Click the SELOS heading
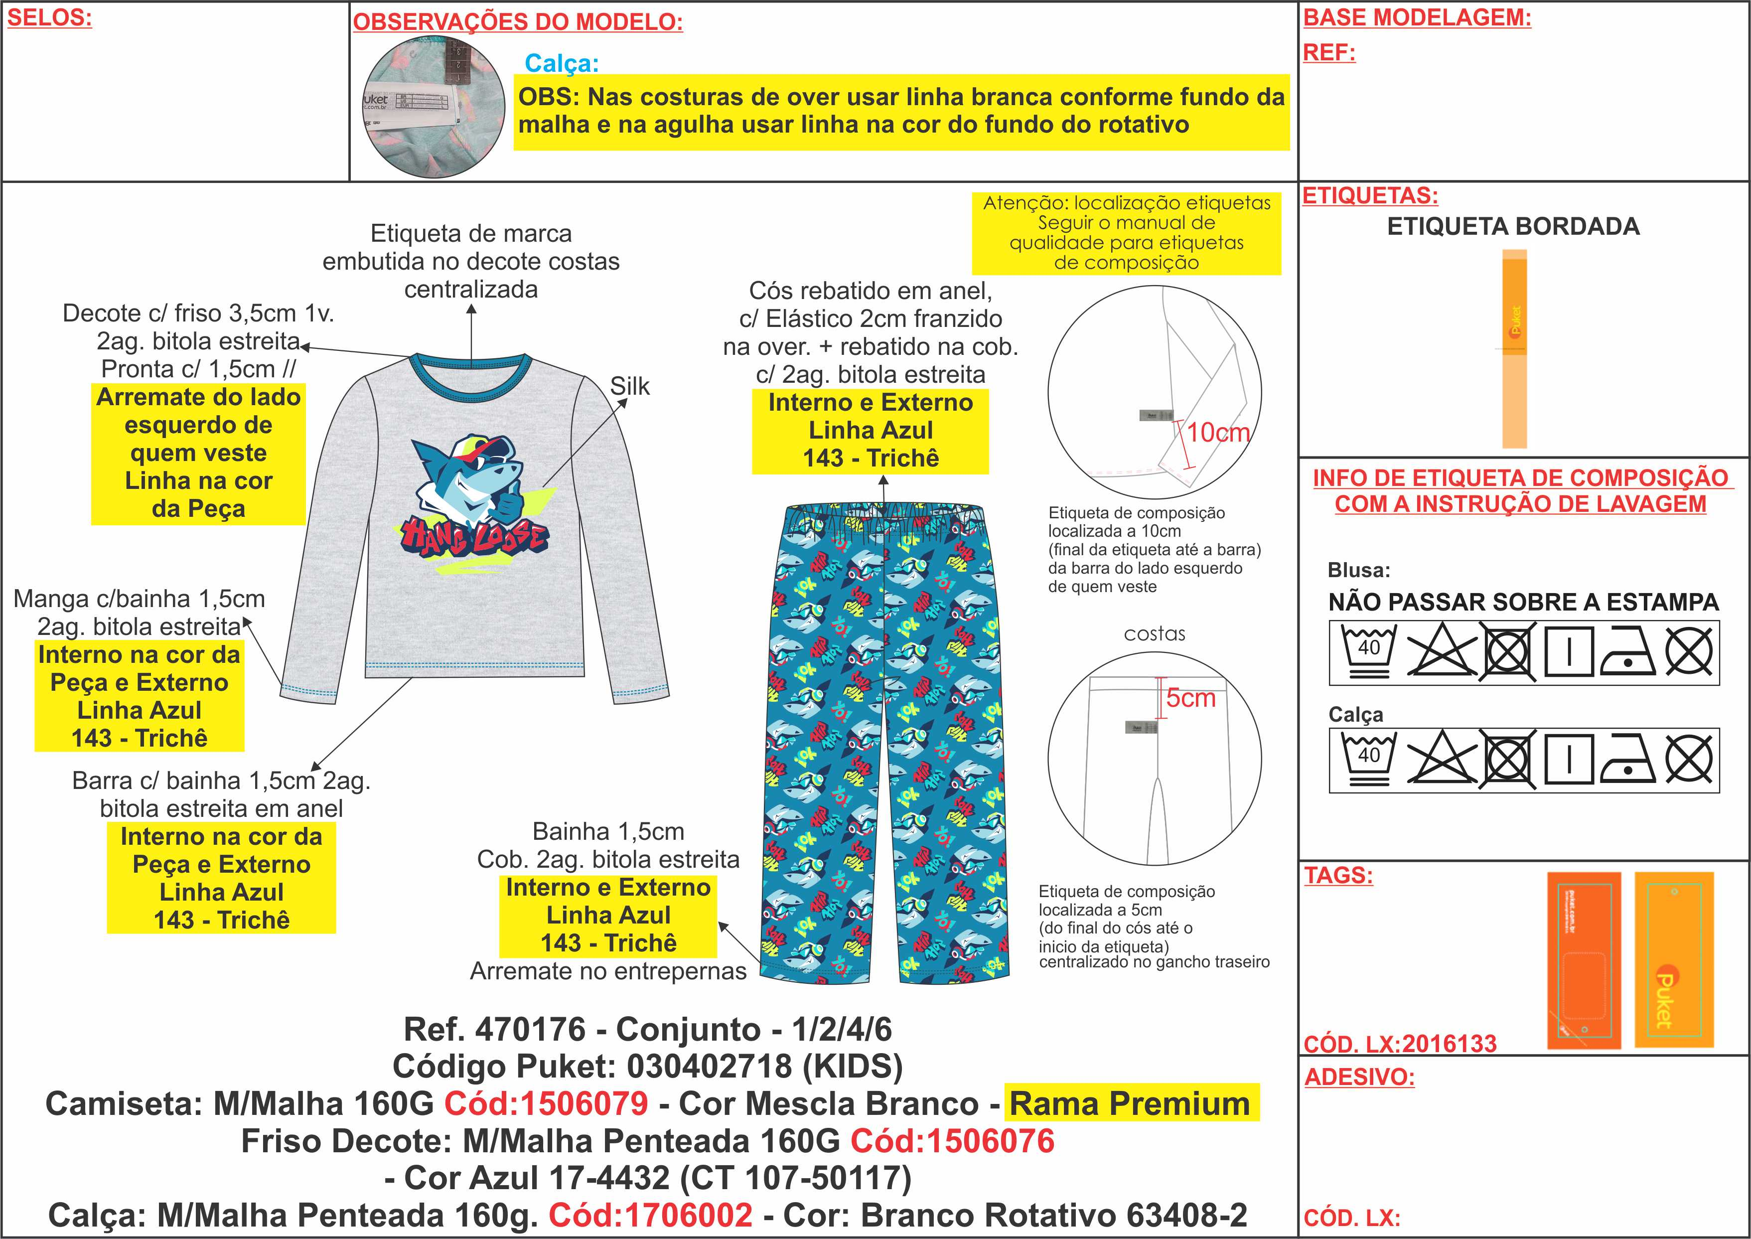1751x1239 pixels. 49,18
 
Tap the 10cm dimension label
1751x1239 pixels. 1218,433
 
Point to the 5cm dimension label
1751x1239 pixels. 1190,697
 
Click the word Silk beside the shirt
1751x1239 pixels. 629,386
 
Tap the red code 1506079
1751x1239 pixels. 546,1103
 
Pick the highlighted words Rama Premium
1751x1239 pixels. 1130,1103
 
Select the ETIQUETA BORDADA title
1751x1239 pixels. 1513,227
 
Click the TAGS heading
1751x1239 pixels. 1338,875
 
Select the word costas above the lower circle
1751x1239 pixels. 1155,634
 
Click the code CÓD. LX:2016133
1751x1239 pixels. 1400,1044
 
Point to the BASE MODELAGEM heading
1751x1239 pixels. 1417,17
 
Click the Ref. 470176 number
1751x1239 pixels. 530,1029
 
